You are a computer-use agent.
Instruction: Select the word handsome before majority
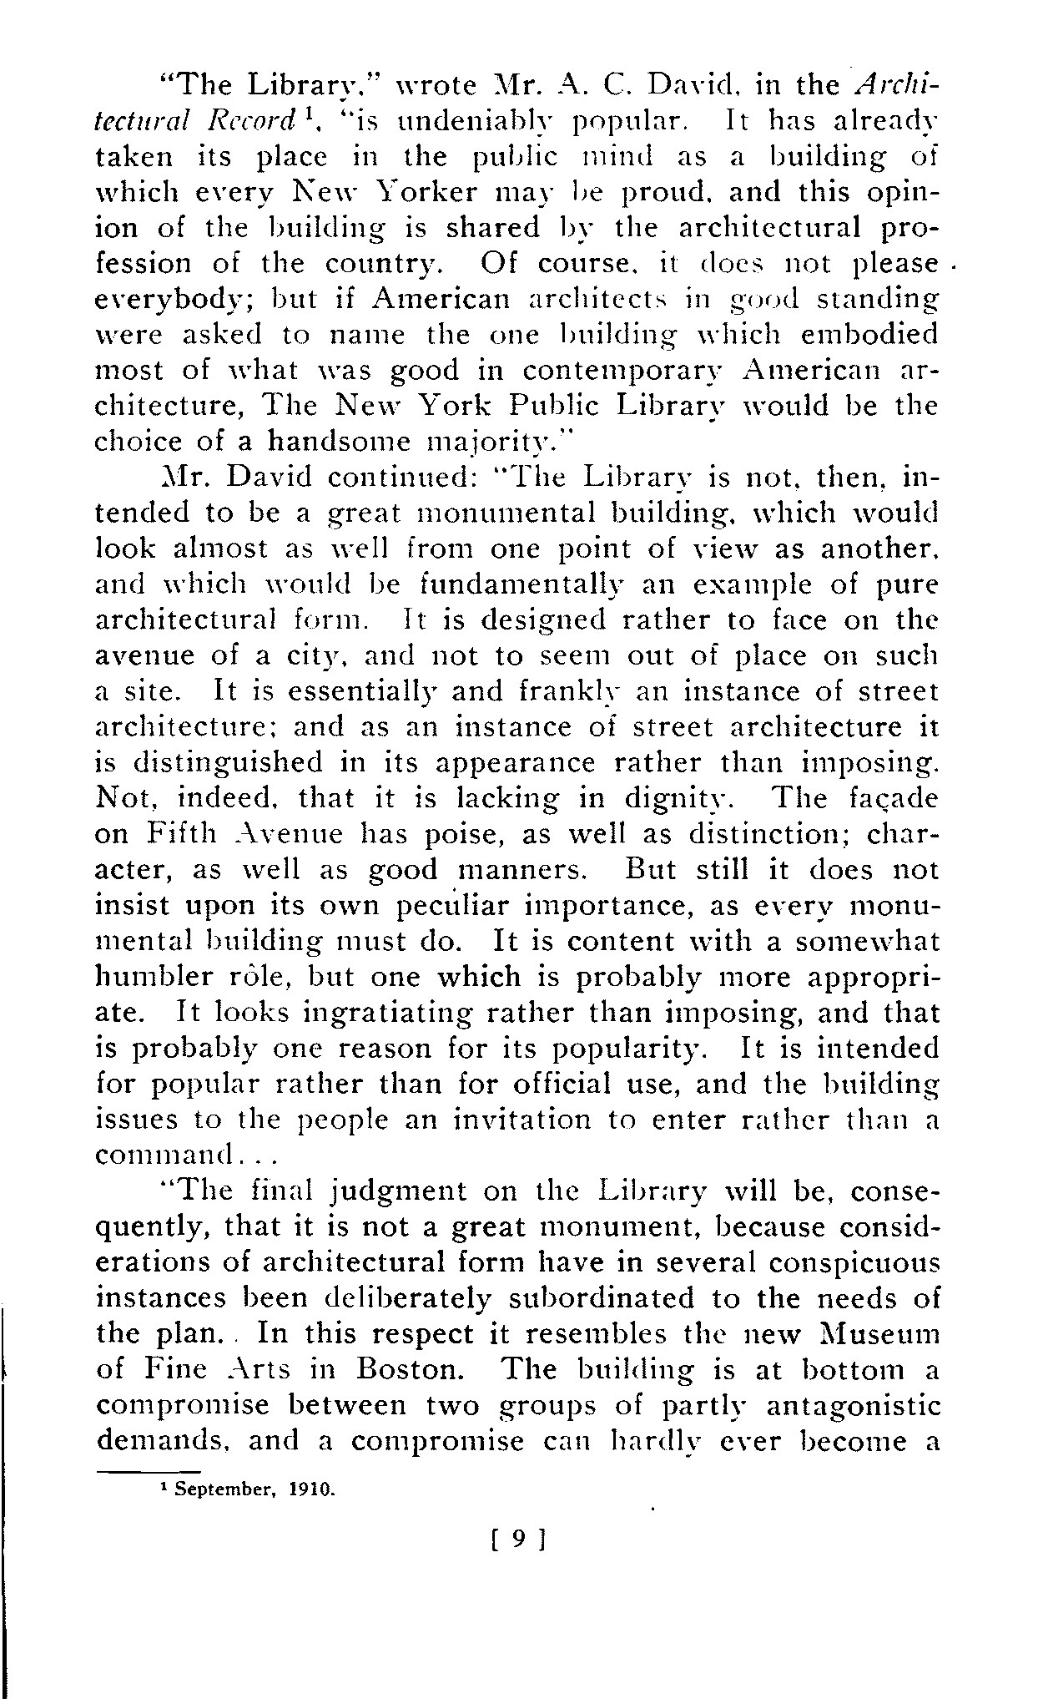pos(341,441)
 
